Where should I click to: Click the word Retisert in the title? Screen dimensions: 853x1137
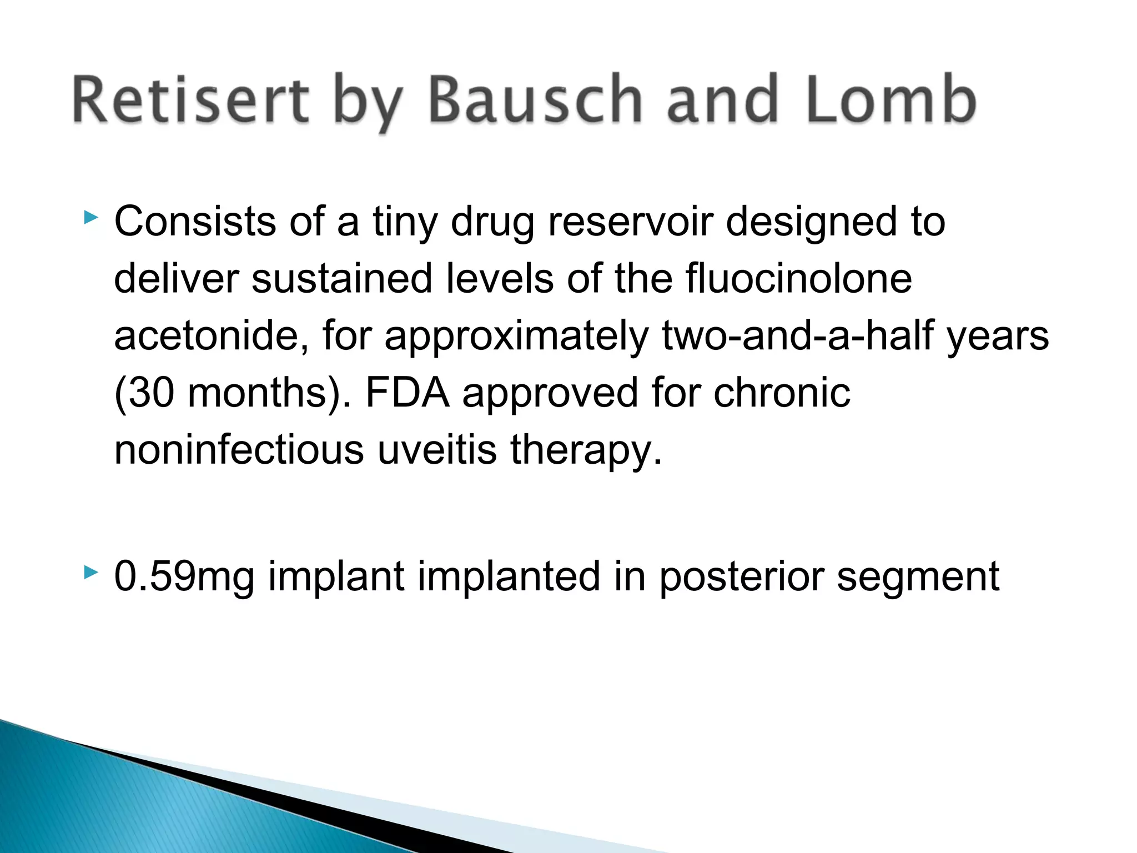(190, 100)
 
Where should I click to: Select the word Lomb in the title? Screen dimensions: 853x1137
(891, 100)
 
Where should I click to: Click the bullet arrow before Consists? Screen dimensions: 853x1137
(90, 217)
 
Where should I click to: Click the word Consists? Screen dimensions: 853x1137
(195, 222)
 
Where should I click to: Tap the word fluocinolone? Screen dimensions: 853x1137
(799, 278)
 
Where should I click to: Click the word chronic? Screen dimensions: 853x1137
(782, 393)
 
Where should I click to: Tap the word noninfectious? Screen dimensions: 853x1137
(239, 450)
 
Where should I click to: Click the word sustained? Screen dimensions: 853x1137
(341, 278)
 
